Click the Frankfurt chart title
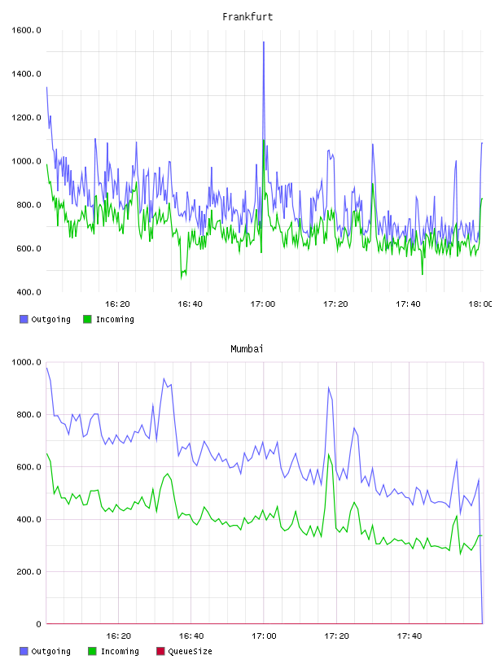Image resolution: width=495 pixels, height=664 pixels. pyautogui.click(x=247, y=16)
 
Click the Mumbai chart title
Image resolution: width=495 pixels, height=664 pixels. pyautogui.click(x=247, y=348)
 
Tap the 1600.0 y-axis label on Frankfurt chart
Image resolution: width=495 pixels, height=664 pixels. pyautogui.click(x=26, y=30)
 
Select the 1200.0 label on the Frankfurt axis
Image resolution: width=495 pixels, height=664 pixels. pyautogui.click(x=26, y=117)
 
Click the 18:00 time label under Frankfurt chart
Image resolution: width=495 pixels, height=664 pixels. pyautogui.click(x=480, y=304)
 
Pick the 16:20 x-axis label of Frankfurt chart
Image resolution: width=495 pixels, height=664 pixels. pyautogui.click(x=117, y=304)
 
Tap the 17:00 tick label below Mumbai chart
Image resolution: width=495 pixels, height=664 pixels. pyautogui.click(x=264, y=636)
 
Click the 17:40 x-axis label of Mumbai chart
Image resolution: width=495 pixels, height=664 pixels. pyautogui.click(x=410, y=636)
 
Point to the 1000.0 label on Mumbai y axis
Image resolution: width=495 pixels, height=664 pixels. pyautogui.click(x=26, y=362)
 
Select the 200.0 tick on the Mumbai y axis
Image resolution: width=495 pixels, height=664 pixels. pyautogui.click(x=28, y=572)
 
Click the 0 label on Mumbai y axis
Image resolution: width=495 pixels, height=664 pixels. pyautogui.click(x=38, y=624)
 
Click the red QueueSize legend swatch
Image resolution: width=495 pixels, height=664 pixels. pyautogui.click(x=160, y=651)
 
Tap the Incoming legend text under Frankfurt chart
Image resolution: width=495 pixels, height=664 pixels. pyautogui.click(x=115, y=319)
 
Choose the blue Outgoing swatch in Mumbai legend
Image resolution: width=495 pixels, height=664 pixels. pyautogui.click(x=24, y=651)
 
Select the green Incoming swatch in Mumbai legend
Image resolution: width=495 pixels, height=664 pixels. pyautogui.click(x=92, y=651)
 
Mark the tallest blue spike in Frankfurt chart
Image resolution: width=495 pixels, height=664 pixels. pyautogui.click(x=264, y=42)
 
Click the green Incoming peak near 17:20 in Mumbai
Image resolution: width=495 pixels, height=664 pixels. pyautogui.click(x=329, y=454)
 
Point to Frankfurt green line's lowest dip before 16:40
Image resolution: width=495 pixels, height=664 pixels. pyautogui.click(x=182, y=278)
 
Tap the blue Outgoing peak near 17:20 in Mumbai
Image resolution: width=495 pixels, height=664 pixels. pyautogui.click(x=328, y=387)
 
